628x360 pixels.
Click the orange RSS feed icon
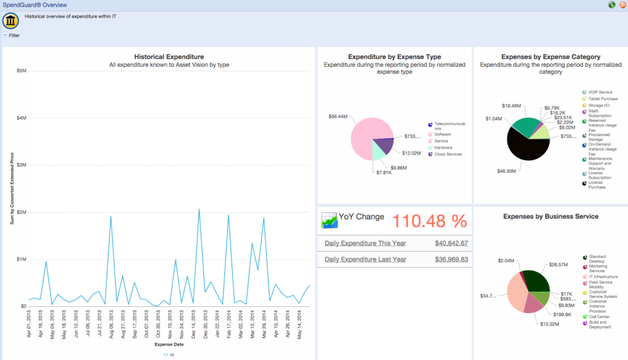[622, 5]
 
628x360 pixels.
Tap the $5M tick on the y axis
[21, 71]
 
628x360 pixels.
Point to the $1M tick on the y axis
[21, 259]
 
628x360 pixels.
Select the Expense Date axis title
[169, 344]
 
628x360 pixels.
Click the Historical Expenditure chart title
[169, 57]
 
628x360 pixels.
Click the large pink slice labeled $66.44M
[363, 131]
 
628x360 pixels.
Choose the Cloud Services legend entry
[448, 154]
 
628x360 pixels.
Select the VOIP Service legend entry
[600, 92]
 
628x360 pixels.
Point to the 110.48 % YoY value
[429, 221]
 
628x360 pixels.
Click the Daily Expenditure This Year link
[365, 243]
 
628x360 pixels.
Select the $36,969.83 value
[451, 259]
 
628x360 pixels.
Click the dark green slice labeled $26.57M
[538, 280]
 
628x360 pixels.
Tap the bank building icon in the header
[10, 21]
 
